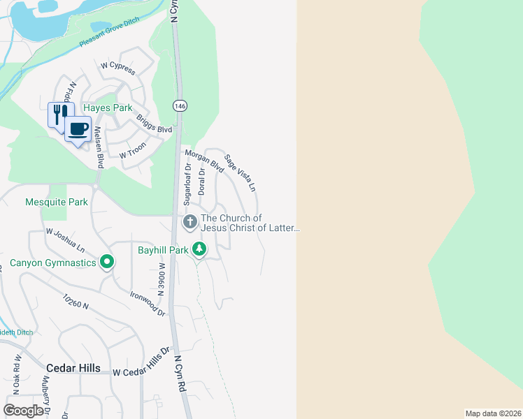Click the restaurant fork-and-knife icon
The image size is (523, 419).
click(x=59, y=114)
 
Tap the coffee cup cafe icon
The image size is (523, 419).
click(x=78, y=128)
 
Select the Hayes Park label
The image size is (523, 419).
click(x=108, y=108)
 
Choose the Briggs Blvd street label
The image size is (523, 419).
click(x=154, y=124)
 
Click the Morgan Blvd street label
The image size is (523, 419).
click(x=203, y=161)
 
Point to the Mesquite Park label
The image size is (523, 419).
click(x=57, y=202)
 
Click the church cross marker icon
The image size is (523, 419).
click(x=189, y=222)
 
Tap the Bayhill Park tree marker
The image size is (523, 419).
click(x=199, y=249)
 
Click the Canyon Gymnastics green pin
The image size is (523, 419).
click(x=106, y=263)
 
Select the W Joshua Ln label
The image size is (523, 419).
click(x=65, y=240)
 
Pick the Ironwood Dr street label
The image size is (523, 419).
click(x=148, y=303)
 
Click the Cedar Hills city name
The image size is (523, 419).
click(x=73, y=368)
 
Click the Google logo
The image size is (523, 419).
click(x=23, y=410)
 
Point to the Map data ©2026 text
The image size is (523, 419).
click(x=493, y=413)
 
